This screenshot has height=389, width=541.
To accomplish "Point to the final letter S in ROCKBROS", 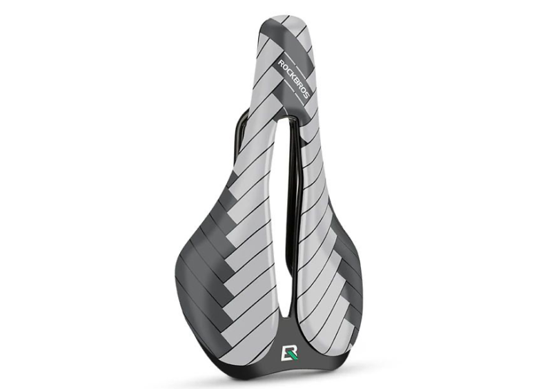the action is pos(306,94).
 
